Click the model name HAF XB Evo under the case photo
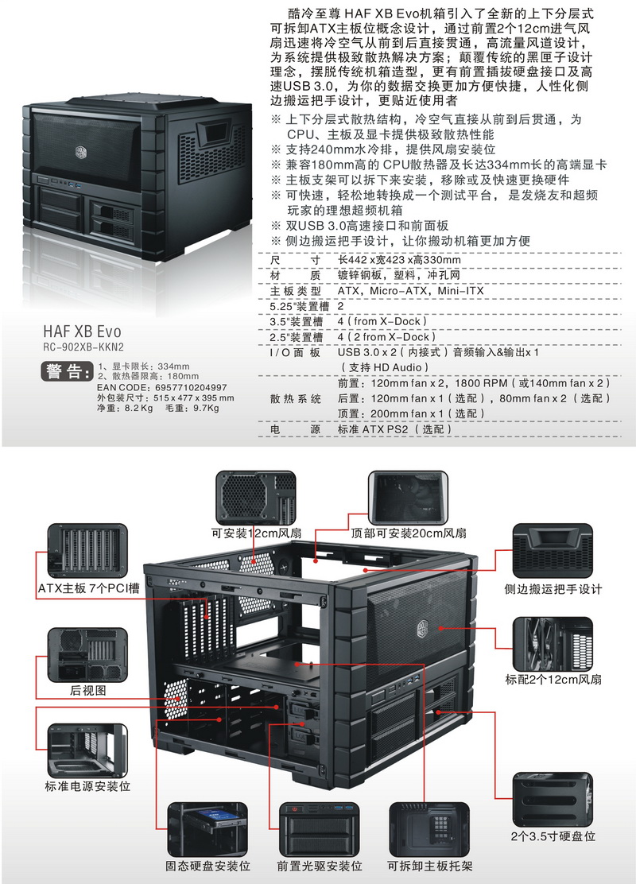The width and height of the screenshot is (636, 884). click(x=82, y=331)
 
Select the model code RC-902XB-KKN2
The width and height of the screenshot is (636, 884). click(x=83, y=347)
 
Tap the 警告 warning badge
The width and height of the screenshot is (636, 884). click(x=67, y=371)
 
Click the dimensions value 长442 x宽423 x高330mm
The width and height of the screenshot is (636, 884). click(x=398, y=260)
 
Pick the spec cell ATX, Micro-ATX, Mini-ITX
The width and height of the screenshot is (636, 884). click(x=410, y=291)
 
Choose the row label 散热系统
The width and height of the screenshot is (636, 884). click(x=296, y=398)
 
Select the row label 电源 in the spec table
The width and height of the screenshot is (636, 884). click(x=296, y=429)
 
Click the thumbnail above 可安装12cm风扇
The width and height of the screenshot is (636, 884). click(x=256, y=498)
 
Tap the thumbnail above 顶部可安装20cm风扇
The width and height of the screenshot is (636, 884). click(x=408, y=498)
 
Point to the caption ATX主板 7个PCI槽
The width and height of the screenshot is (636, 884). click(x=88, y=588)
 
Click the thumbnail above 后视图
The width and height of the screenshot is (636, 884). click(x=87, y=655)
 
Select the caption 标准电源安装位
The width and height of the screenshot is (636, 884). click(x=87, y=786)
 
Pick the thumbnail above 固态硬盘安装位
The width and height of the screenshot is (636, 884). click(x=207, y=830)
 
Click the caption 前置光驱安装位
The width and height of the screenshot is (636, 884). click(x=319, y=866)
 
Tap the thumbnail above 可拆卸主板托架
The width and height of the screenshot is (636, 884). click(x=429, y=830)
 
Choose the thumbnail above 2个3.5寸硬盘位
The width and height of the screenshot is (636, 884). click(x=553, y=800)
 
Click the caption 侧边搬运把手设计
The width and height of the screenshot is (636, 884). click(x=553, y=589)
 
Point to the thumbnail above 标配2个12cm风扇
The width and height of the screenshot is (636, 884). click(x=553, y=644)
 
